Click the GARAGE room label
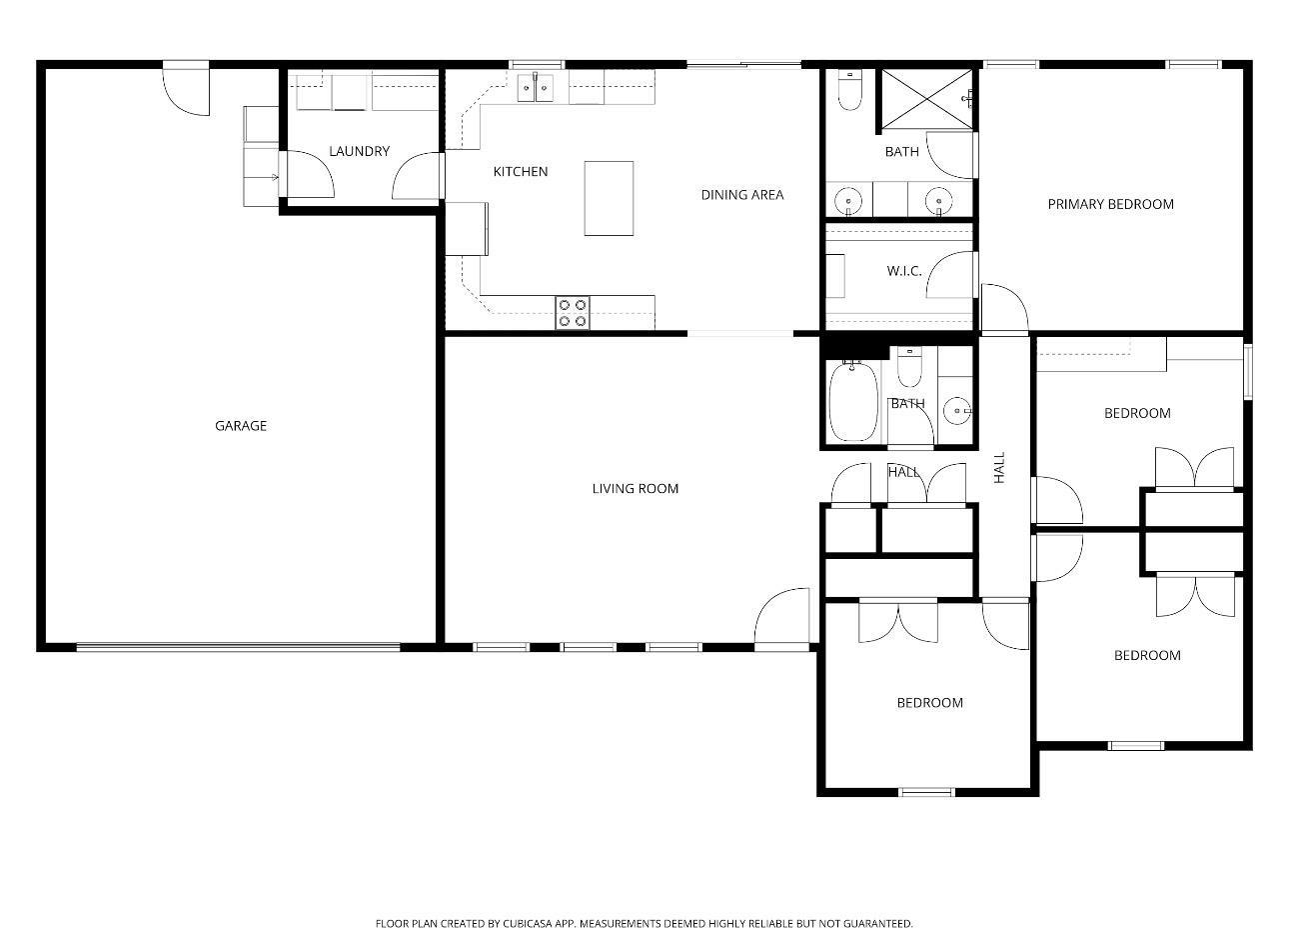[241, 426]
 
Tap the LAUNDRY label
[359, 151]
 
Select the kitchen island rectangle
[609, 198]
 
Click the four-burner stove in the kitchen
[573, 313]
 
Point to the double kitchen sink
[536, 88]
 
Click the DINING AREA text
[741, 195]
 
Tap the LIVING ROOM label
[636, 488]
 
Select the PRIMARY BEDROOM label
[1110, 204]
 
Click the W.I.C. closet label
[904, 271]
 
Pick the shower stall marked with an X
[927, 99]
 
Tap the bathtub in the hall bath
[853, 401]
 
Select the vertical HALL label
[999, 467]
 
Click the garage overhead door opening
[238, 647]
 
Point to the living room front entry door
[781, 619]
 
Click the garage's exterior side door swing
[186, 92]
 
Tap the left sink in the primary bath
[848, 200]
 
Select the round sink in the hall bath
[957, 411]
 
